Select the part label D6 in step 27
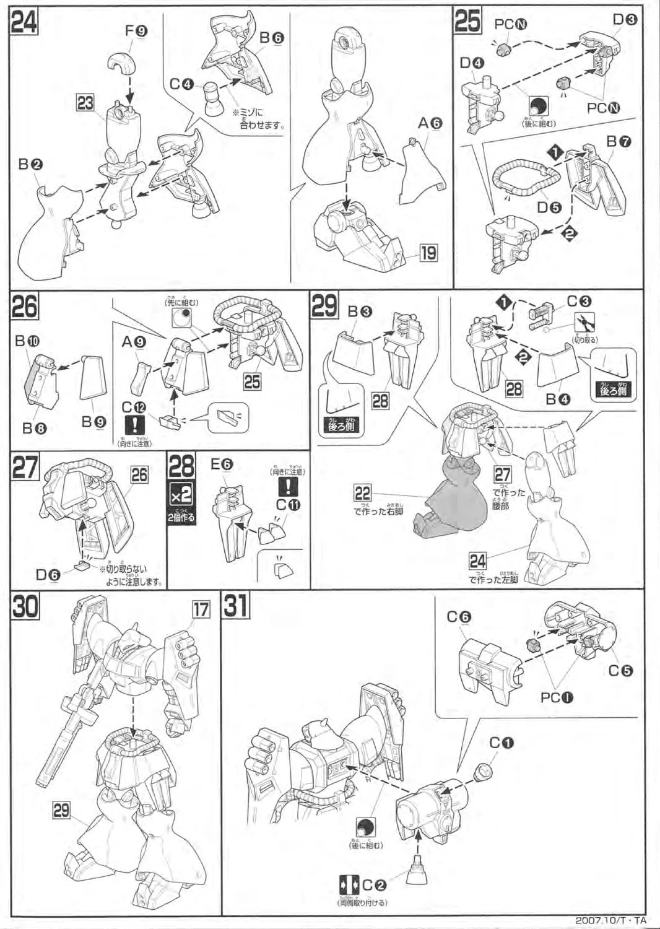[48, 575]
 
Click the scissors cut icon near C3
[585, 322]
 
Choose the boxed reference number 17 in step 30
[201, 609]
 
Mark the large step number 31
[236, 606]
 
